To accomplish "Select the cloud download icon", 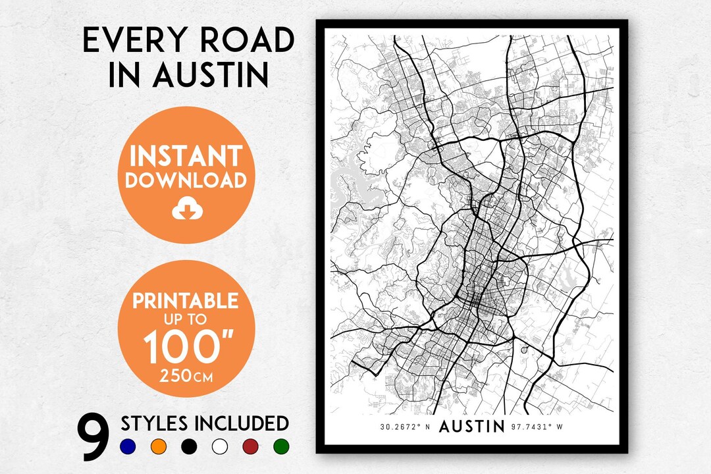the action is [x=185, y=209].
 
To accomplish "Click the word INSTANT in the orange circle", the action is [x=186, y=156].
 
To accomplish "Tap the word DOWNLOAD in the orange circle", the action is [x=186, y=180].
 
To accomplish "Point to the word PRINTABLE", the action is [x=185, y=301].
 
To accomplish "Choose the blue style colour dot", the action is [x=128, y=447].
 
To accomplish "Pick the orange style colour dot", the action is [x=158, y=447].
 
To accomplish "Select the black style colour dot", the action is [x=189, y=447].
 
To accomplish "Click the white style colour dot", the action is [x=220, y=447].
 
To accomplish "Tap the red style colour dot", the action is [x=251, y=447].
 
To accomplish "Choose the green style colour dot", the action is [x=281, y=447].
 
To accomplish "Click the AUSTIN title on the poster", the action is [x=471, y=427].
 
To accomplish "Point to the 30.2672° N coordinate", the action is [x=405, y=427].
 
